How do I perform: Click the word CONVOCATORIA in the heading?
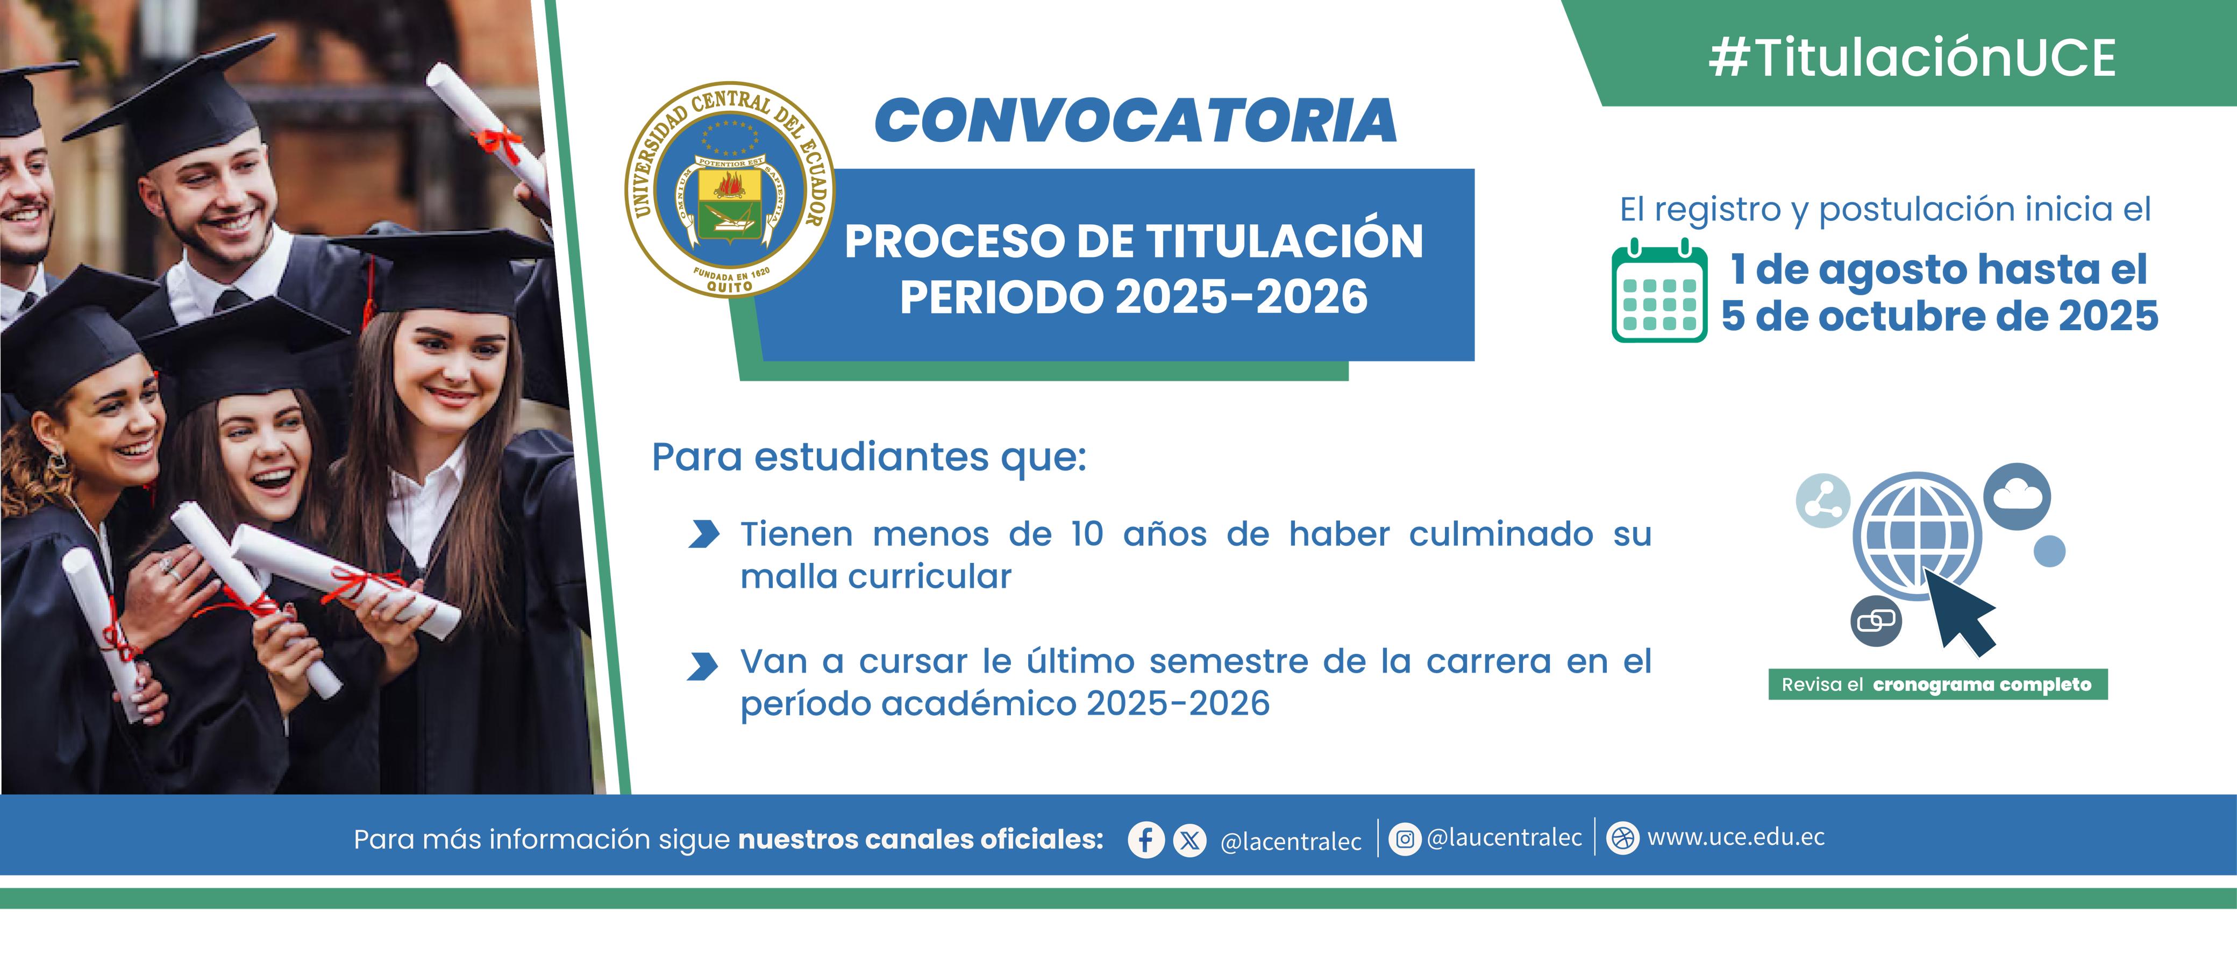tap(1136, 120)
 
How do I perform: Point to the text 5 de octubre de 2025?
tap(1939, 316)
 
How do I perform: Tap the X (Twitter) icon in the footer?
tap(1189, 840)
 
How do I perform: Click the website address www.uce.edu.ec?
tap(1736, 837)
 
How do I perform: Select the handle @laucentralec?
tap(1504, 838)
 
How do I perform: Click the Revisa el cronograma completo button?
tap(1938, 684)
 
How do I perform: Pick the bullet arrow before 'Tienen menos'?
tap(703, 534)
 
